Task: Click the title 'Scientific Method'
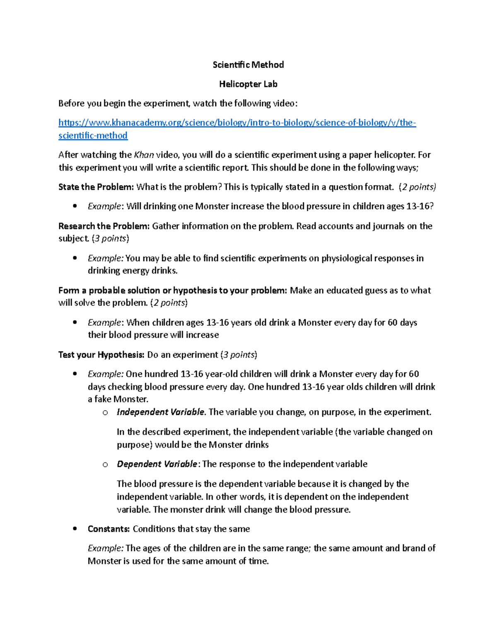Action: click(248, 65)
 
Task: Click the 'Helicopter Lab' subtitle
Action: click(248, 84)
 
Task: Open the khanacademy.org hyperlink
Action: click(237, 123)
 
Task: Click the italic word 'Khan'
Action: click(144, 155)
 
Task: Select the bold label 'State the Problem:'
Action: click(96, 187)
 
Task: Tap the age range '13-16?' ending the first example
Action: click(420, 206)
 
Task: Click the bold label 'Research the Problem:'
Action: click(104, 226)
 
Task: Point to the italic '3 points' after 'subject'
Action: click(110, 238)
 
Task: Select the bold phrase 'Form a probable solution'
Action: click(109, 290)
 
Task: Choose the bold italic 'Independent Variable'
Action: click(160, 412)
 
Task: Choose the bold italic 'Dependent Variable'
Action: click(157, 464)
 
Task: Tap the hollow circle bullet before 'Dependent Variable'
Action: click(105, 465)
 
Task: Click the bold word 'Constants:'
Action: click(109, 529)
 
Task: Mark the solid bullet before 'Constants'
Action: click(75, 529)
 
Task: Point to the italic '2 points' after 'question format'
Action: click(417, 187)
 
